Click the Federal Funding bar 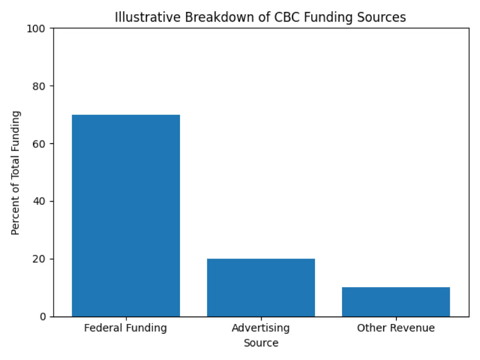coord(126,215)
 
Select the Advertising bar coord(261,287)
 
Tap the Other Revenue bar coord(396,302)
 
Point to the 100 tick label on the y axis coord(39,29)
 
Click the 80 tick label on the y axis coord(42,86)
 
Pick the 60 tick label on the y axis coord(42,144)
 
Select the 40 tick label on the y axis coord(42,201)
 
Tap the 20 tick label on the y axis coord(42,259)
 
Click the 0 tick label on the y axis coord(44,316)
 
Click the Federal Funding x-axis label coord(126,328)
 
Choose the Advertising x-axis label coord(261,328)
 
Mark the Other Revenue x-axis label coord(396,328)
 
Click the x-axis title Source coord(261,343)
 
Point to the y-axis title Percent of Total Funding coord(15,172)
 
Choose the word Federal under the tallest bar coord(102,328)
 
